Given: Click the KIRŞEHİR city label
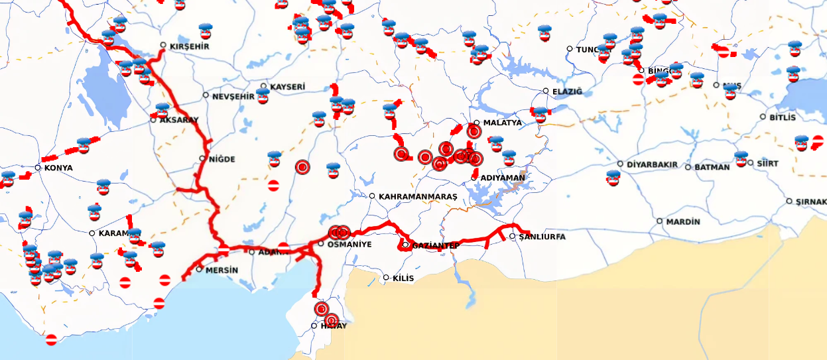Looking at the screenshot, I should coord(190,46).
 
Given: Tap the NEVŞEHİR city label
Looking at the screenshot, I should coord(233,97).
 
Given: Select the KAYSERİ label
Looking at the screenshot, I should coord(287,87).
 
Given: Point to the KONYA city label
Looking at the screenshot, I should coord(58,168).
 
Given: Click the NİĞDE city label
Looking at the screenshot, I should coord(222,159).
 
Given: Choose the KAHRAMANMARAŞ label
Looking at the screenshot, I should coord(418,197).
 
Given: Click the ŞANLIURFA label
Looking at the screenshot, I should coord(542,237).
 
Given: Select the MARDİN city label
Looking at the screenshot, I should coord(682,221).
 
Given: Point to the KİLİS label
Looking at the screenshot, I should coord(403,278).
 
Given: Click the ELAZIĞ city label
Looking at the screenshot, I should coord(566,91).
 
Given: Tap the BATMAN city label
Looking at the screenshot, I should coord(712,168).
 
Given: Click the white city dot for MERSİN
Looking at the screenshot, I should coord(199,269).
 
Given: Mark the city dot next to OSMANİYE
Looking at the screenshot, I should coord(321,244).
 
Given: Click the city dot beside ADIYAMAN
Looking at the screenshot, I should coord(474,178).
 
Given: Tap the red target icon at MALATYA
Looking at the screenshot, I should coord(474,132).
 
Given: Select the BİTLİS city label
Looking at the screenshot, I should coord(782,117).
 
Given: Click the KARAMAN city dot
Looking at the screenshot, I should coord(92,233).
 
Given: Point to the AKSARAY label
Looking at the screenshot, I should coord(179,120).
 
